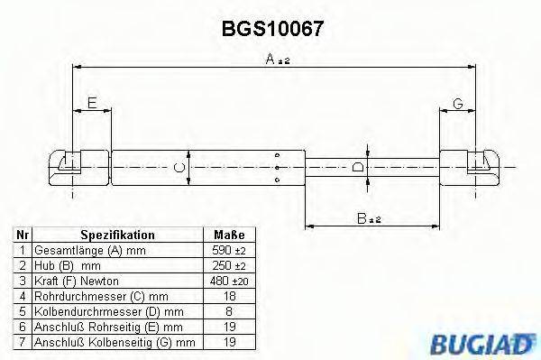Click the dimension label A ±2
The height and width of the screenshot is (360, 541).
click(277, 60)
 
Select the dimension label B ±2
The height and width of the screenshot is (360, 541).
click(367, 217)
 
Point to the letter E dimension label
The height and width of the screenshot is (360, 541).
click(91, 105)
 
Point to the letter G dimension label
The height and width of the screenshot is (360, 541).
click(458, 105)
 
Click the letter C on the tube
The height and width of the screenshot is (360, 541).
click(179, 167)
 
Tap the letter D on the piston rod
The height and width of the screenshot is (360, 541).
click(358, 167)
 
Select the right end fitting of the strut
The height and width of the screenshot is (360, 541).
click(479, 165)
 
